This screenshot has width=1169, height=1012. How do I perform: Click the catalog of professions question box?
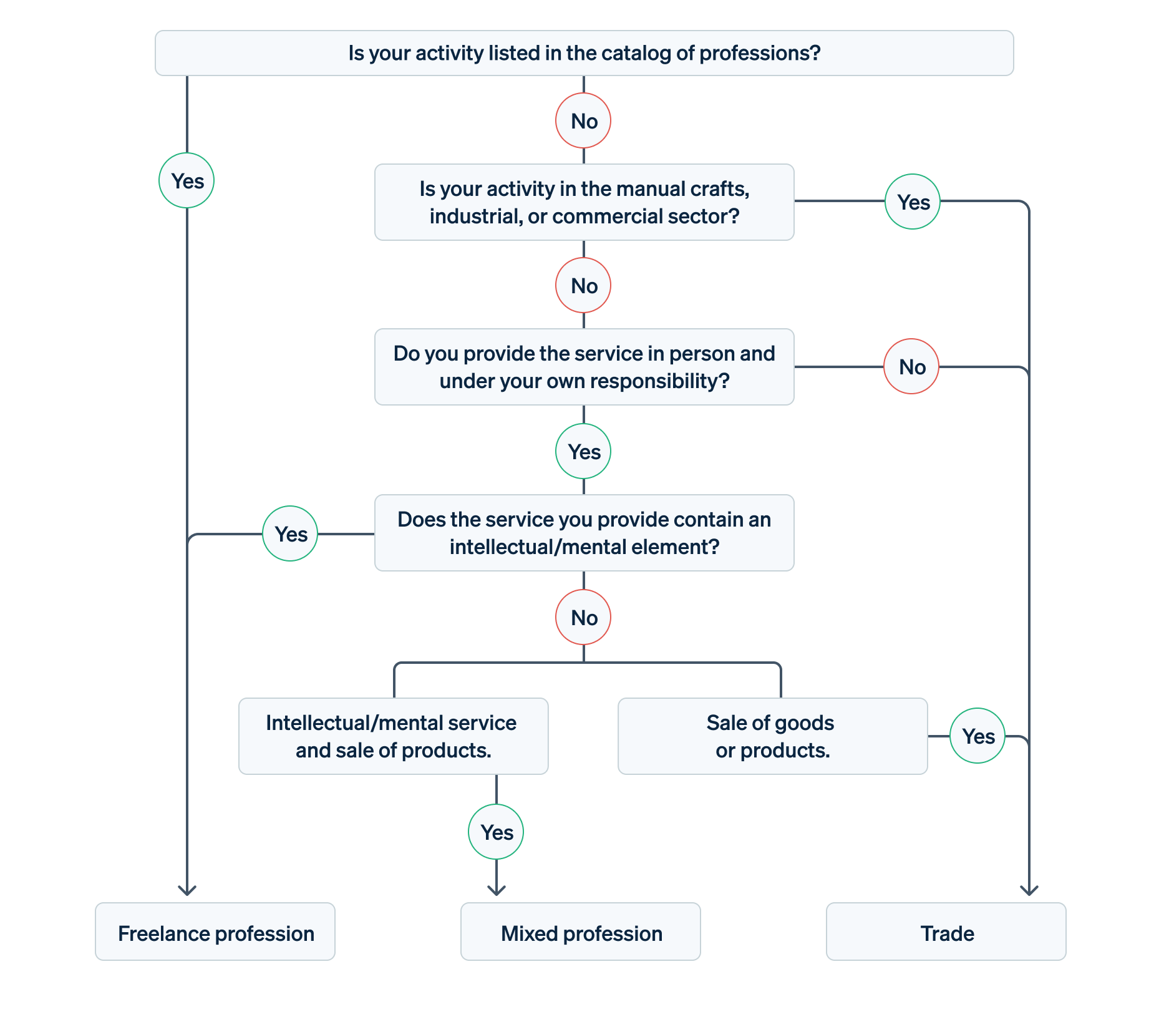584,53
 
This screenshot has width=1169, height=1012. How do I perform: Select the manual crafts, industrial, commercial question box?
584,202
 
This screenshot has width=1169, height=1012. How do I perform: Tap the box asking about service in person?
584,367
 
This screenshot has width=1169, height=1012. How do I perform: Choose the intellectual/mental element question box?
584,533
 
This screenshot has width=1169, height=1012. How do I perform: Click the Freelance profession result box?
215,932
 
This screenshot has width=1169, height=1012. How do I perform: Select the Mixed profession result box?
580,932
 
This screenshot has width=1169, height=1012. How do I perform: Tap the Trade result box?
946,932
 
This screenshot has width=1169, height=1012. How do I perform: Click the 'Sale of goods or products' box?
772,736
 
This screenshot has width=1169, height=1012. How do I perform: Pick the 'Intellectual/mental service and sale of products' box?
393,736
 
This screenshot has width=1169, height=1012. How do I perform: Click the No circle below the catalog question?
583,120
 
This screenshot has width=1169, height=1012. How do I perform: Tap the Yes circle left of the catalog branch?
187,180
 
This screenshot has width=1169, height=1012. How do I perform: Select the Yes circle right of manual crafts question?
913,202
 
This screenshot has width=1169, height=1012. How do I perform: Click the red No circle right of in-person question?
911,366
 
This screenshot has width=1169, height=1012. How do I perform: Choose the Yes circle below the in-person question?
583,451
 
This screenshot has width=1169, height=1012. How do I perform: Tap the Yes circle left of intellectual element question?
290,533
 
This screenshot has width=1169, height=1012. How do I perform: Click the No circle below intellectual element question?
583,617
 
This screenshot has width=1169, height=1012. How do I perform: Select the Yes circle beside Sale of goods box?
977,736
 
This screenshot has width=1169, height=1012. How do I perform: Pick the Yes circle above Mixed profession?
496,832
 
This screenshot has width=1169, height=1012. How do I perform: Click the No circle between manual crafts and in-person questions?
583,285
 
